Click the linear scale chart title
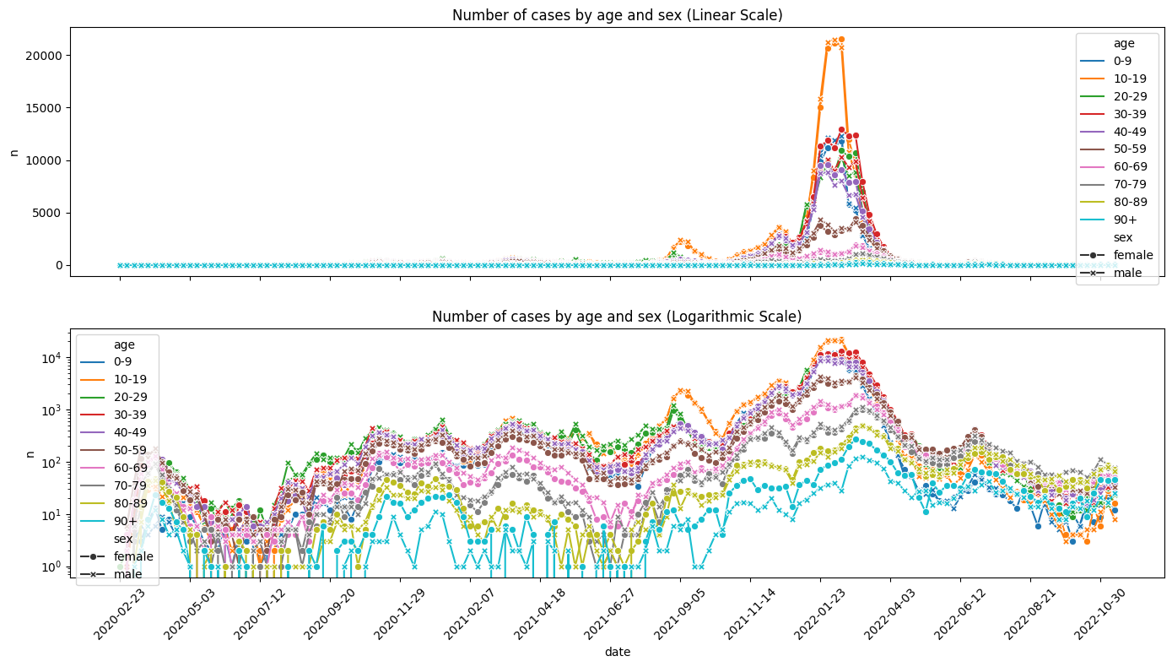[618, 15]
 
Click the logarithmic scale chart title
[617, 317]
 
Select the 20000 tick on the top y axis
[44, 56]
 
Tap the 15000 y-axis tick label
[44, 108]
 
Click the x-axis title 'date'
[618, 652]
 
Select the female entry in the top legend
[1116, 255]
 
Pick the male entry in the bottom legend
[111, 574]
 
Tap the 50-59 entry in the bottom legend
[113, 450]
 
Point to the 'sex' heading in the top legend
[1123, 238]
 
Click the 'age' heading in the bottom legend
[124, 344]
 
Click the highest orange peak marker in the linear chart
[841, 40]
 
